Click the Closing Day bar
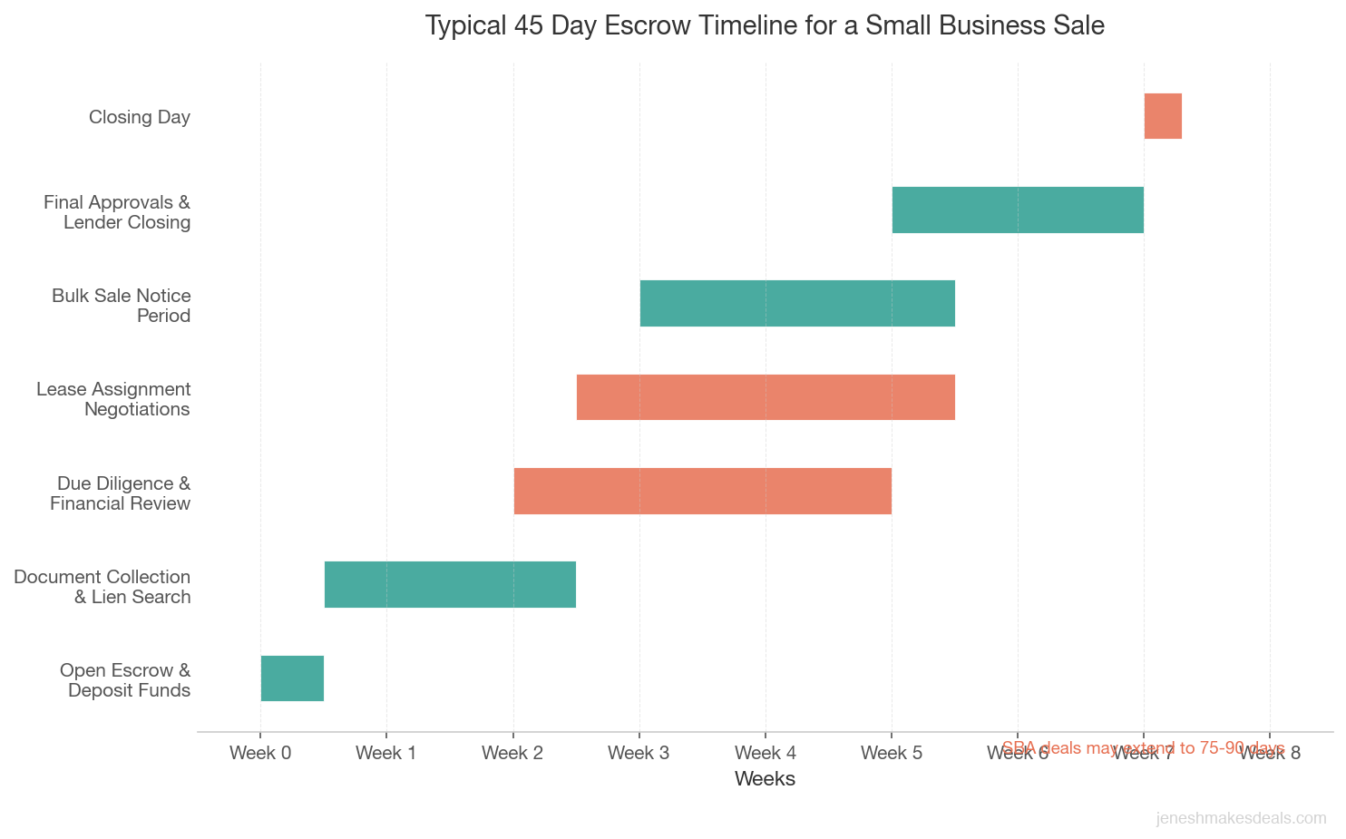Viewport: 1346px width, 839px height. tap(1163, 116)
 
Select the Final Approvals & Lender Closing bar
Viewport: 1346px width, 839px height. tap(1018, 210)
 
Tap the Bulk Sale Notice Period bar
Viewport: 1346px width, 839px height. tap(797, 303)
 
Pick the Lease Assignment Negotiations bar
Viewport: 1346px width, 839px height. tap(766, 397)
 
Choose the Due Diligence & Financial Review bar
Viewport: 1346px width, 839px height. tap(703, 491)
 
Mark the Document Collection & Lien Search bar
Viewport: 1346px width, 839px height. tap(450, 584)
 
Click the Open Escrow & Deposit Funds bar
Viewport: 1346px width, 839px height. tap(292, 678)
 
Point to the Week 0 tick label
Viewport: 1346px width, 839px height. tap(260, 752)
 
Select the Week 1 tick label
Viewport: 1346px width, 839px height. tap(386, 752)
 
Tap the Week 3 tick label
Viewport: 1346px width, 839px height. tap(639, 752)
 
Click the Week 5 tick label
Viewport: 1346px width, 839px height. tap(892, 752)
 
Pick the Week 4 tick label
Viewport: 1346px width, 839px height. tap(766, 752)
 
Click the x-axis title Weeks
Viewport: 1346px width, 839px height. tap(765, 778)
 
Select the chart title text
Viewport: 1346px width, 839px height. tap(765, 25)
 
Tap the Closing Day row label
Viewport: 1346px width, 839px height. tap(140, 117)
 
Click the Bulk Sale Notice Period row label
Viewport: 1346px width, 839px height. tap(122, 306)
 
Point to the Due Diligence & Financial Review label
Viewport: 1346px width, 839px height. tap(121, 493)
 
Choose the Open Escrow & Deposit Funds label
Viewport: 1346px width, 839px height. tap(125, 680)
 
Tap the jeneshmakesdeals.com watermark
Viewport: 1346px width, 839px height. tap(1241, 818)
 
